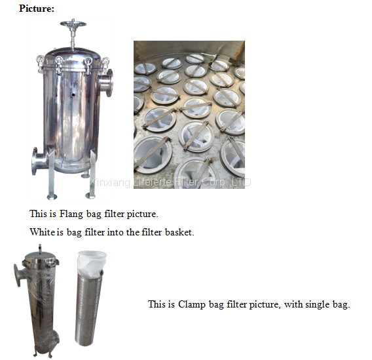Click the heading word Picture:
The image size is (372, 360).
click(37, 9)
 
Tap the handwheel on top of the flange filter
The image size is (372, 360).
click(73, 24)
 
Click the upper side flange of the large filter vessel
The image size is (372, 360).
click(107, 83)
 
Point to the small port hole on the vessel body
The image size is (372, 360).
click(73, 94)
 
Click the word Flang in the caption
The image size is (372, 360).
click(71, 214)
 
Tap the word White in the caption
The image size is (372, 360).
click(42, 231)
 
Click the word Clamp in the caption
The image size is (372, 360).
click(192, 305)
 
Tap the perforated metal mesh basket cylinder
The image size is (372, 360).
click(88, 309)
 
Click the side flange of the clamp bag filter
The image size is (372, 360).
click(17, 275)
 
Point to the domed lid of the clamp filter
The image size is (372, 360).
click(41, 256)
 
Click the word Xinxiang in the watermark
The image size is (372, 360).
click(109, 183)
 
